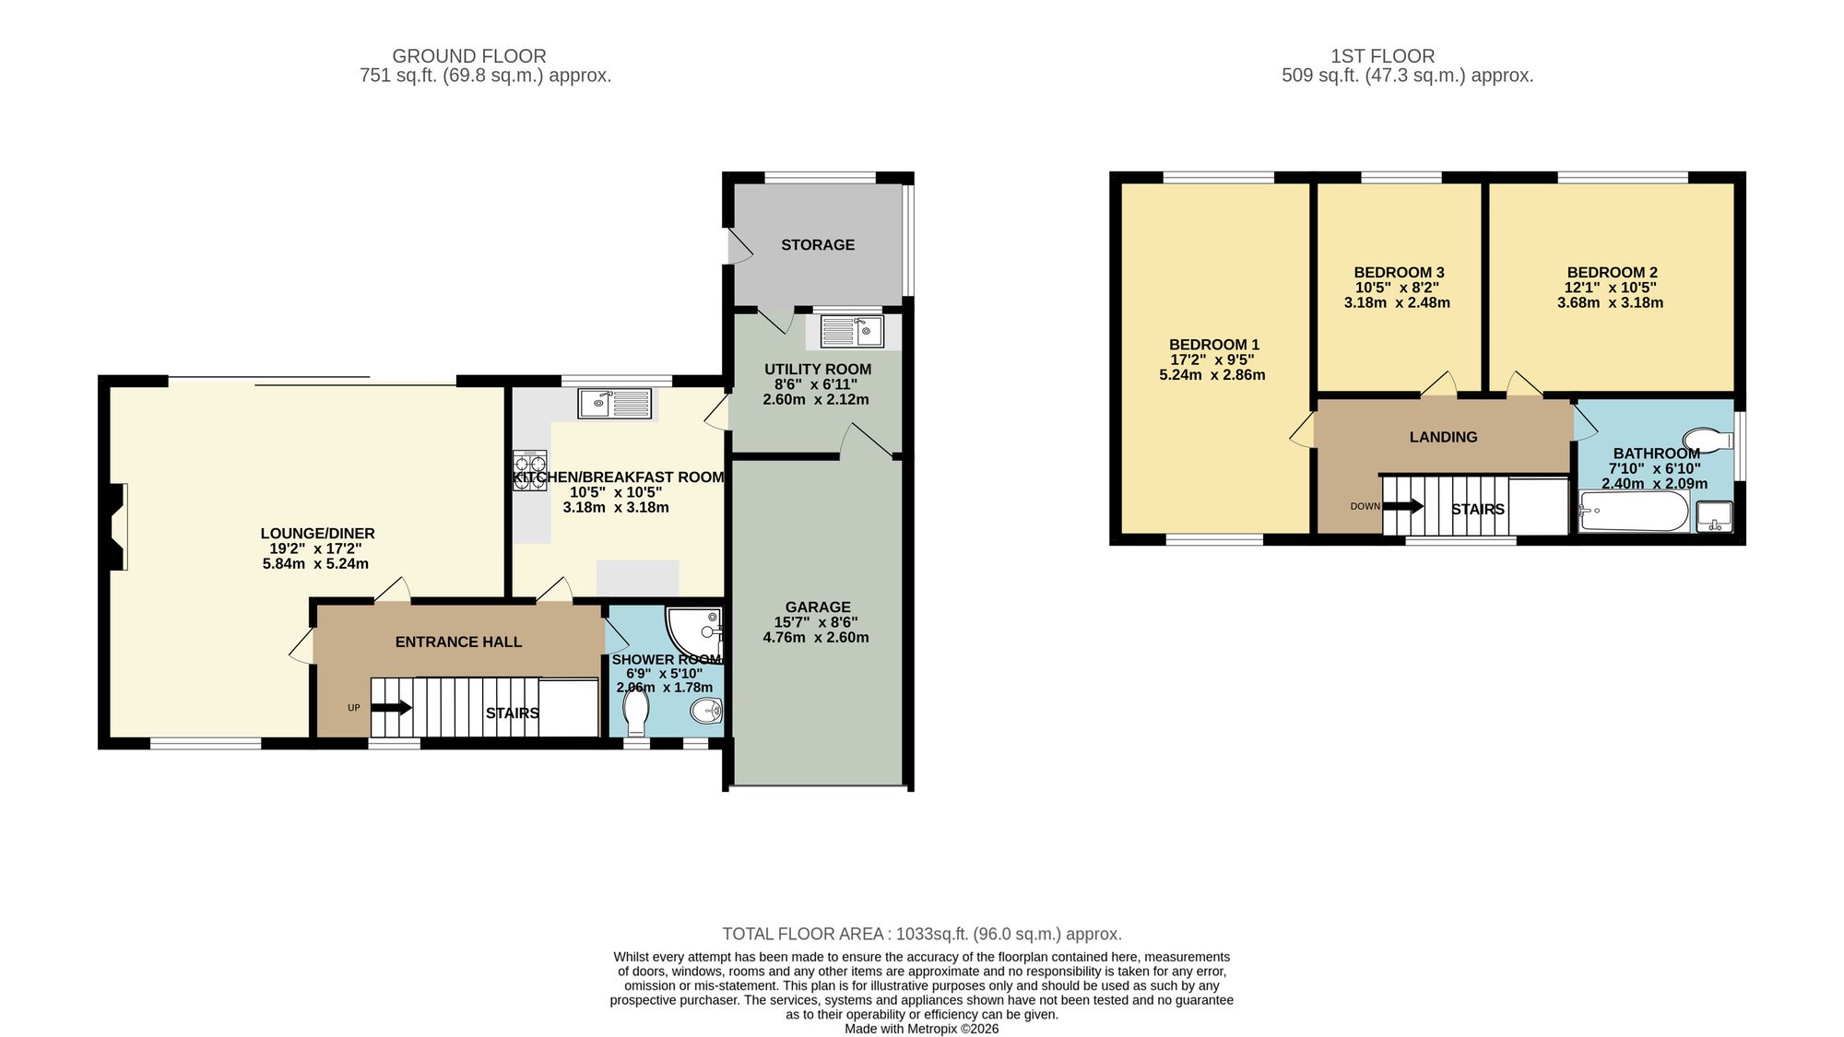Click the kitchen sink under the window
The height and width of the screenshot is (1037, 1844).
[x=614, y=403]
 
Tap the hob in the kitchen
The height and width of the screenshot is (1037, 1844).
[x=530, y=470]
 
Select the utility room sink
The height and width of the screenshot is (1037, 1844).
[x=852, y=331]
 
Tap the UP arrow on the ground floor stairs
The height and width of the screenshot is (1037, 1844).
[x=392, y=708]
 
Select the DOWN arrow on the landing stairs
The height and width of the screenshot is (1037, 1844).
[x=1402, y=506]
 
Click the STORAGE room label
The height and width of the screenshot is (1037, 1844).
[x=818, y=245]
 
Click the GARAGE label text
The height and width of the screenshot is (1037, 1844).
[x=818, y=607]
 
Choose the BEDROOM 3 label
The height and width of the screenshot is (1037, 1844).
[x=1399, y=273]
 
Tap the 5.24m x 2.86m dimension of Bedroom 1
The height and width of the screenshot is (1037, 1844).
[x=1212, y=375]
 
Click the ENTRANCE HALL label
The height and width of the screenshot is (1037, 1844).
[x=458, y=642]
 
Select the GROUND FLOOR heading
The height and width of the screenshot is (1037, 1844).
[x=469, y=56]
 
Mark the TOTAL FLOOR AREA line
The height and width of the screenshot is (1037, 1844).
[x=922, y=934]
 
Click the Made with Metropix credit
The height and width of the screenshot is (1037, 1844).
[x=921, y=1029]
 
